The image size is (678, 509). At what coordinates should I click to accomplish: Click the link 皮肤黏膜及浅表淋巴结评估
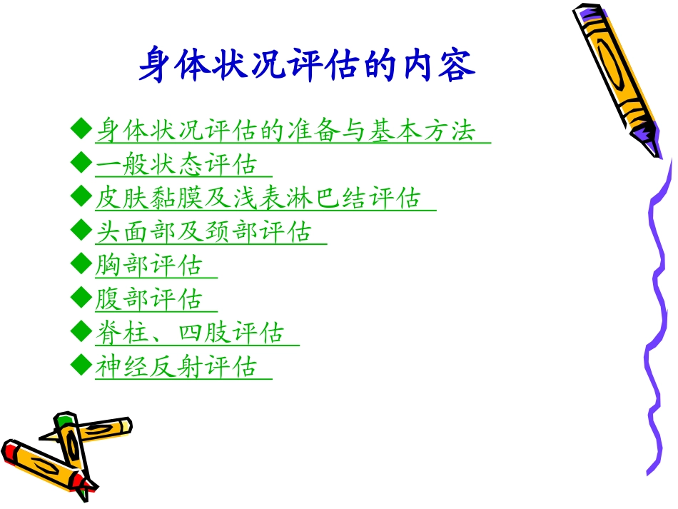[x=258, y=198]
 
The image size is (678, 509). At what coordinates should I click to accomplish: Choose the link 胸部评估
[x=149, y=266]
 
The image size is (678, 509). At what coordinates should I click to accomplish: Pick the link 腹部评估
[x=149, y=299]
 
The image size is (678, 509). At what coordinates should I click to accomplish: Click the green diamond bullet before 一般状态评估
[x=80, y=163]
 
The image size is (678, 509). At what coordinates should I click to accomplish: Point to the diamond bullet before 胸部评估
[x=80, y=264]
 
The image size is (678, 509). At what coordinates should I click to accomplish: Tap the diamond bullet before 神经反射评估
[x=80, y=365]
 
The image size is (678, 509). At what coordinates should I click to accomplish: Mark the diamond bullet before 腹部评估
[x=80, y=298]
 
